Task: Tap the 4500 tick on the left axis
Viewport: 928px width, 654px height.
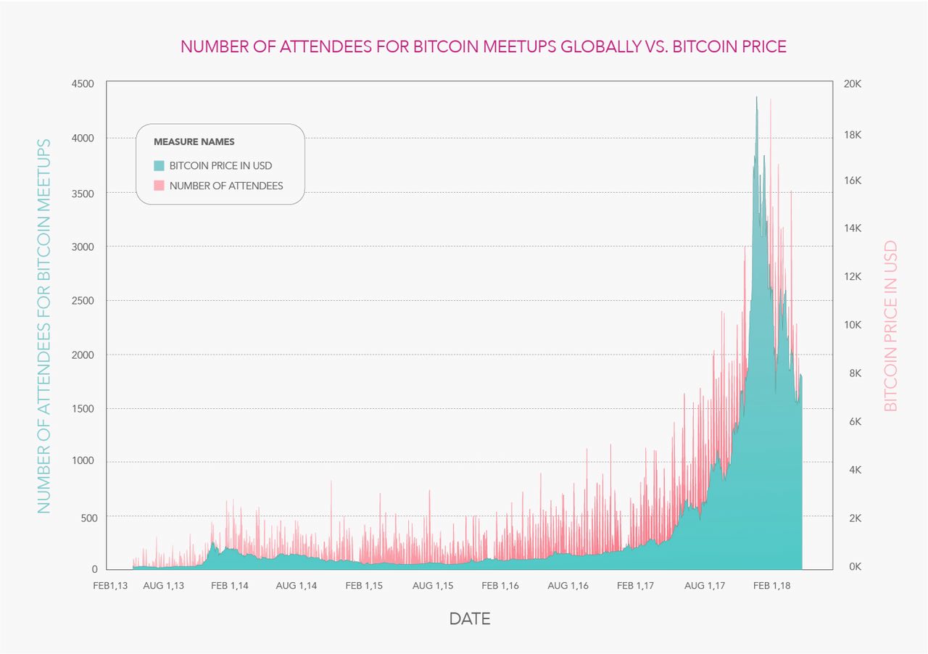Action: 83,83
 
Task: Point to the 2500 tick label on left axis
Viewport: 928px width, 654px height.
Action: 83,300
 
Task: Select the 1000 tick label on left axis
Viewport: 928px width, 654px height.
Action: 83,460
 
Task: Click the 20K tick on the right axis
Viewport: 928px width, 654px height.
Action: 853,83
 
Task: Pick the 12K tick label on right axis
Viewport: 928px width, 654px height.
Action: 853,276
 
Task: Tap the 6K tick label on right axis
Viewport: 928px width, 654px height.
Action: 855,421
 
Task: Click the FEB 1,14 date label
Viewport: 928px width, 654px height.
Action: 230,586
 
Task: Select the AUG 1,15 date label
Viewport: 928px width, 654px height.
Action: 433,586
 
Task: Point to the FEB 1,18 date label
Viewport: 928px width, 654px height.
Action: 772,586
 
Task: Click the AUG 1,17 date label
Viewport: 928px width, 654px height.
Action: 705,586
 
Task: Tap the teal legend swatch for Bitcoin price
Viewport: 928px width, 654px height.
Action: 159,166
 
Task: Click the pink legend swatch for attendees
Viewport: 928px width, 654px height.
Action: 159,186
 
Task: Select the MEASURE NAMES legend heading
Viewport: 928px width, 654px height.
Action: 194,141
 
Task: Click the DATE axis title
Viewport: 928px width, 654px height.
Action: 470,618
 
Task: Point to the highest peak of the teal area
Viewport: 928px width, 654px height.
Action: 756,97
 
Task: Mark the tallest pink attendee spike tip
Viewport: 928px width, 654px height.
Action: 771,99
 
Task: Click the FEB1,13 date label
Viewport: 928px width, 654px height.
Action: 110,586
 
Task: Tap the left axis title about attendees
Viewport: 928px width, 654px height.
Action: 44,326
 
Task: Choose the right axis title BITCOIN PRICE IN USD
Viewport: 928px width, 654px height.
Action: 890,326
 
